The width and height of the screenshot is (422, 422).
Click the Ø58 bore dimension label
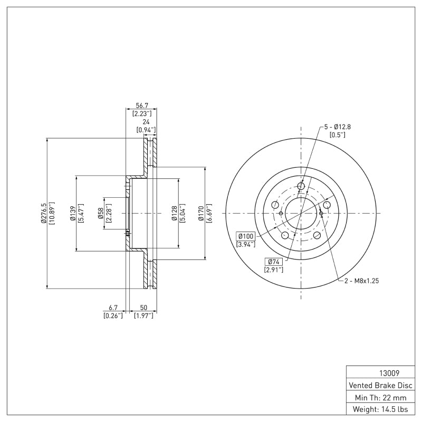[x=100, y=213]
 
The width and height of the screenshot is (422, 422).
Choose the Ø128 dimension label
[x=174, y=213]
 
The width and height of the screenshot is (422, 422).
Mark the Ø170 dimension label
[x=201, y=213]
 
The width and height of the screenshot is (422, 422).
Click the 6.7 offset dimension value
[x=113, y=307]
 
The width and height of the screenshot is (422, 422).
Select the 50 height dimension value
[x=143, y=307]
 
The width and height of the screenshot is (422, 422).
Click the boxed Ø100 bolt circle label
[x=246, y=236]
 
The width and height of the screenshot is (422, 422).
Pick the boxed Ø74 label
[x=273, y=262]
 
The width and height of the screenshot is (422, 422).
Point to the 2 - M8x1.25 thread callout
[x=361, y=281]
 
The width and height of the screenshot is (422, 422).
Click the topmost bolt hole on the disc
[x=301, y=186]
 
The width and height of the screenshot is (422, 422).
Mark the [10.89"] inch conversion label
[x=52, y=213]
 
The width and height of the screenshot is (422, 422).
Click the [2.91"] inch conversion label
[x=273, y=270]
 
